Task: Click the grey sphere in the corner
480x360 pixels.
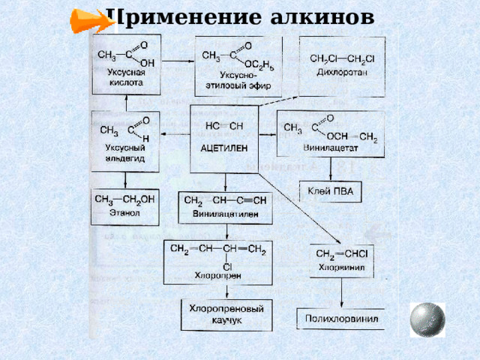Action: pyautogui.click(x=428, y=319)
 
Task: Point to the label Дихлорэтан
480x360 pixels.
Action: pyautogui.click(x=341, y=72)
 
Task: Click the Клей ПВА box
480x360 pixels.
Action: pyautogui.click(x=331, y=192)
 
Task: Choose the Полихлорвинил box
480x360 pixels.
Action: pyautogui.click(x=340, y=318)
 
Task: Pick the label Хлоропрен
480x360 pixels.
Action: pyautogui.click(x=218, y=276)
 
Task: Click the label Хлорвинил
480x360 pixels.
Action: pyautogui.click(x=342, y=265)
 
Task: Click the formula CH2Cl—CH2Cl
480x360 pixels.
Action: pyautogui.click(x=341, y=58)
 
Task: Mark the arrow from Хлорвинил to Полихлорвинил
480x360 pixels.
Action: pyautogui.click(x=342, y=292)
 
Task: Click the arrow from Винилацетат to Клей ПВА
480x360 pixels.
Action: pyautogui.click(x=331, y=169)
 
